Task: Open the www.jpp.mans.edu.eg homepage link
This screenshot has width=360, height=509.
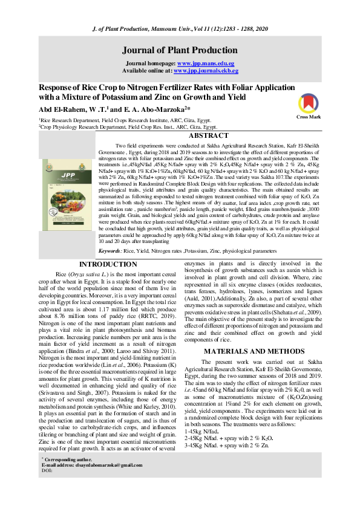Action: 206,63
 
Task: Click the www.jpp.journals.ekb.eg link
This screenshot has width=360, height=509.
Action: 200,71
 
